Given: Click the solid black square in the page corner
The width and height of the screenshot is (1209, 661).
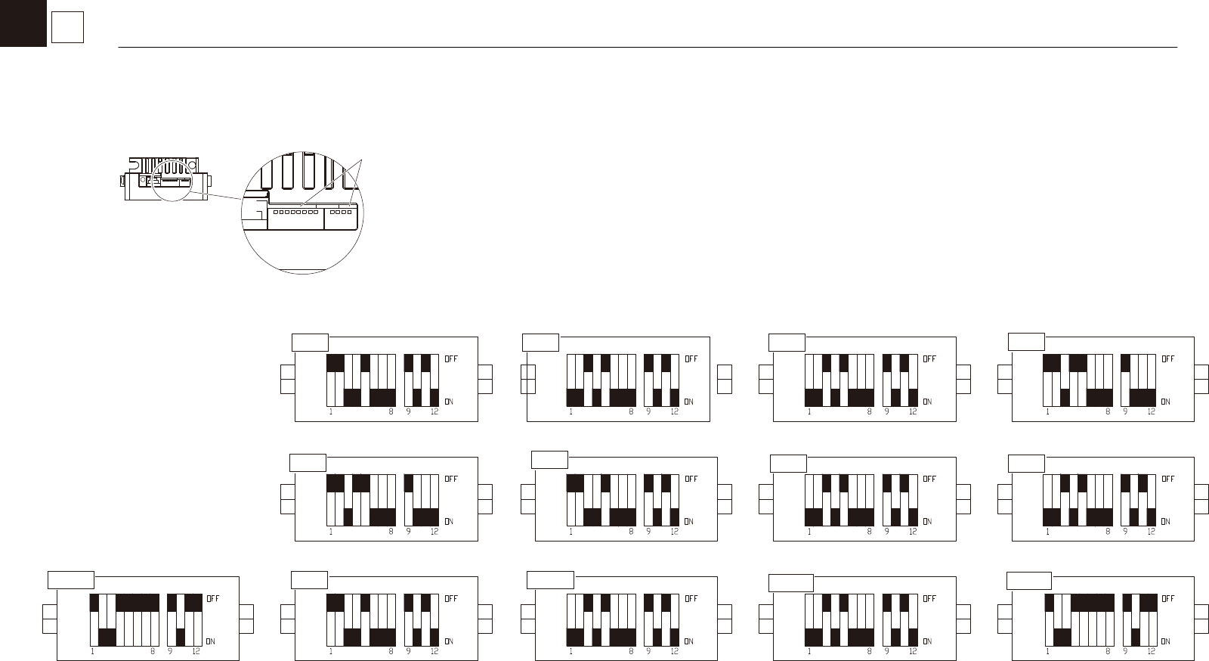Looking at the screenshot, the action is click(x=23, y=23).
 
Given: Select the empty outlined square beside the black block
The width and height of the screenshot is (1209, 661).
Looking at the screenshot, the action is click(x=67, y=28).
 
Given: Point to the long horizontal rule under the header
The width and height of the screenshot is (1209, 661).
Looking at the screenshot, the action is click(x=648, y=48).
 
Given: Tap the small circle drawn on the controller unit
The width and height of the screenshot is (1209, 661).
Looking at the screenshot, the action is click(x=144, y=179).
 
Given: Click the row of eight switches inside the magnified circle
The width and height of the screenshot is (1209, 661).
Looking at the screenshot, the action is click(x=295, y=213).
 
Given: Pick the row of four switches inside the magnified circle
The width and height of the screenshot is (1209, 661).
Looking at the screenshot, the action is click(x=341, y=213).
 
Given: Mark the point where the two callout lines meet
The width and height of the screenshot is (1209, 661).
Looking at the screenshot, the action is click(x=363, y=160).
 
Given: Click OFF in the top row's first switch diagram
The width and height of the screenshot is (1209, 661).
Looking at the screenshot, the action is click(x=451, y=358).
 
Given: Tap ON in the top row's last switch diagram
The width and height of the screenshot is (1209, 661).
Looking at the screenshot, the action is click(x=1165, y=402).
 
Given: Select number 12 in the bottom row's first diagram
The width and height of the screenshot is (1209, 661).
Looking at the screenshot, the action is click(x=196, y=651).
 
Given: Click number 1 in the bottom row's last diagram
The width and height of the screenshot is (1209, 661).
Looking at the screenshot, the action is click(x=1047, y=651).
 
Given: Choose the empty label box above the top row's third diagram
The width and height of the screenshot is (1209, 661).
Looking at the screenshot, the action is click(x=787, y=342).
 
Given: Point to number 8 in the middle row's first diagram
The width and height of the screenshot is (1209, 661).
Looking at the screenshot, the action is click(x=391, y=532).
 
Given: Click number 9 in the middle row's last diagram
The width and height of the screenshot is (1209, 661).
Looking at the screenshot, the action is click(x=1125, y=532).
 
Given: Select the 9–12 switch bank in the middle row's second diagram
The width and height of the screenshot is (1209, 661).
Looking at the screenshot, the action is click(x=661, y=500).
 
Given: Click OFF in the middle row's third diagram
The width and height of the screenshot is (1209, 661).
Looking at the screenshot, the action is click(x=929, y=479).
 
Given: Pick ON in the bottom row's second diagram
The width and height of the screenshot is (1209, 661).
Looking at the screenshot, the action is click(x=449, y=641).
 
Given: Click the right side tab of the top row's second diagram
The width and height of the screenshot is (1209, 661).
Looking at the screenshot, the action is click(x=725, y=380).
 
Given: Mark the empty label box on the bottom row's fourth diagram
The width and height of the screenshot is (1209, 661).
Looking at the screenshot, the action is click(x=790, y=582).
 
